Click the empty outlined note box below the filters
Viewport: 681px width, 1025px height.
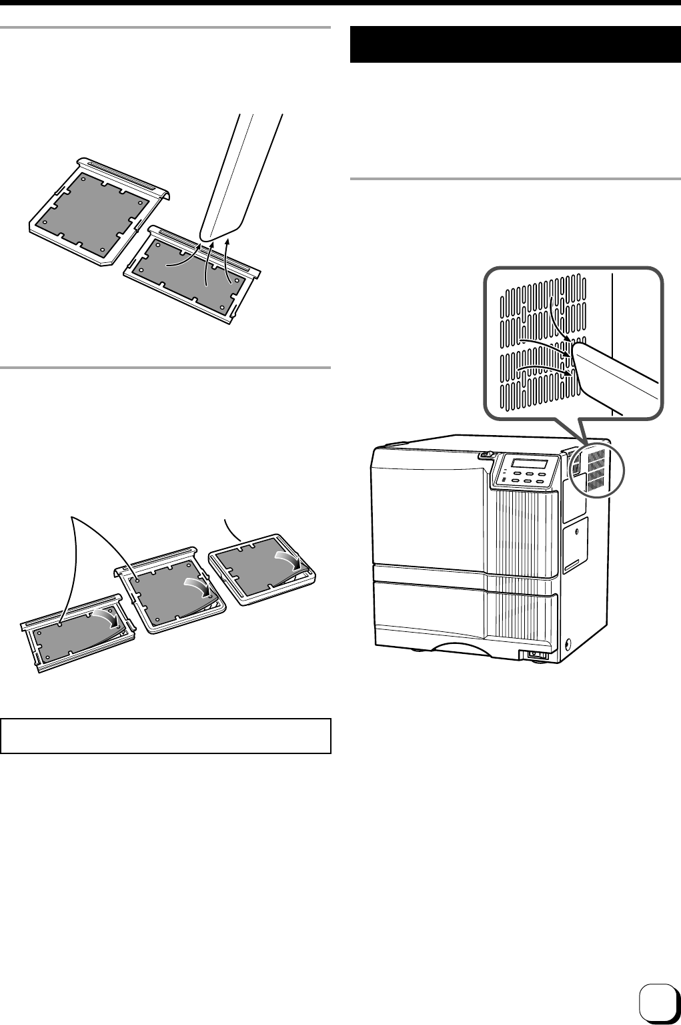click(166, 735)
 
